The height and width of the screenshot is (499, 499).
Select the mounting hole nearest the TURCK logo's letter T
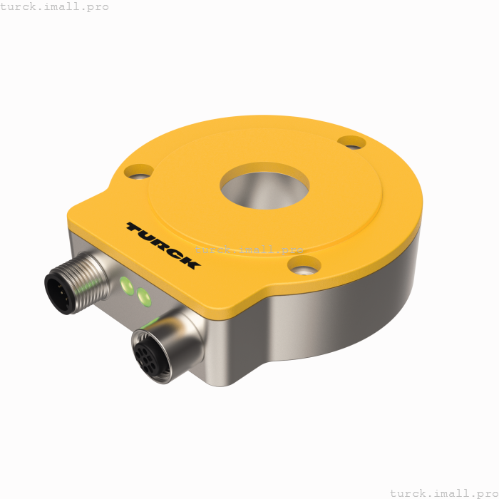click(138, 171)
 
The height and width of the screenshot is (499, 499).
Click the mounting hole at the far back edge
click(351, 143)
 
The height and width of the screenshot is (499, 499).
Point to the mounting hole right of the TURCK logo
click(304, 266)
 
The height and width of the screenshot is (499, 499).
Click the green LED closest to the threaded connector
click(128, 286)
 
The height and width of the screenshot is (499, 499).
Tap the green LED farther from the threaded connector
click(145, 296)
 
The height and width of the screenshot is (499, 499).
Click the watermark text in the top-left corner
click(55, 6)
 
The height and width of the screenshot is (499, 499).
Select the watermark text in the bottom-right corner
click(443, 493)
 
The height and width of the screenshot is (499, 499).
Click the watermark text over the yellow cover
click(249, 249)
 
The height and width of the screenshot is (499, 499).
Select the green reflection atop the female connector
click(149, 324)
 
